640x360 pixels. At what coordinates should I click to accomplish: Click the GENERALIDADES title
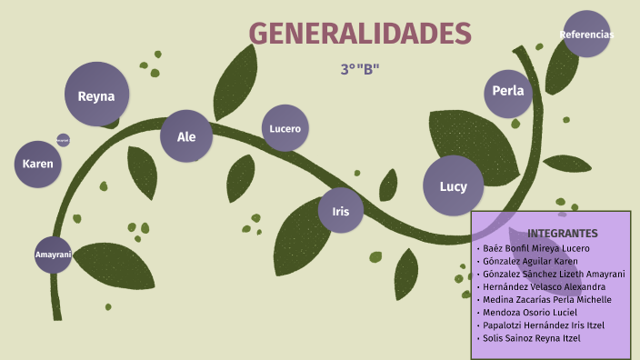360,34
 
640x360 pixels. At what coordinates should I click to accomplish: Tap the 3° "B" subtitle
360,69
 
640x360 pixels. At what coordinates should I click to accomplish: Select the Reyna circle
96,95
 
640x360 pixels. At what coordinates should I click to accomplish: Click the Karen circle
38,164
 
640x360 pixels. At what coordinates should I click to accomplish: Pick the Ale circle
186,136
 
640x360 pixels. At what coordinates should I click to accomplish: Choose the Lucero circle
285,128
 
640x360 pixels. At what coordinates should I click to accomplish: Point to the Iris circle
341,211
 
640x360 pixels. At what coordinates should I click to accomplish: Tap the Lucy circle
453,186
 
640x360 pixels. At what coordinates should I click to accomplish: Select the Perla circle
507,90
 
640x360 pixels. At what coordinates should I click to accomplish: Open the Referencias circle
586,35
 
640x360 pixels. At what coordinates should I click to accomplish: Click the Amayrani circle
53,255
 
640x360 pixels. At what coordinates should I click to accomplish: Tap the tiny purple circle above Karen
63,140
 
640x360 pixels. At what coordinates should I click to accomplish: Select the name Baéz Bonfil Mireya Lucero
536,248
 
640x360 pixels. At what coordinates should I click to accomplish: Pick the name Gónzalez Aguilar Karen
530,261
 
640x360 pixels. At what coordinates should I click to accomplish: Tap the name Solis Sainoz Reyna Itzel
532,338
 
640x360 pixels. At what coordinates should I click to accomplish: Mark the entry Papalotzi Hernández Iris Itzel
543,325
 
